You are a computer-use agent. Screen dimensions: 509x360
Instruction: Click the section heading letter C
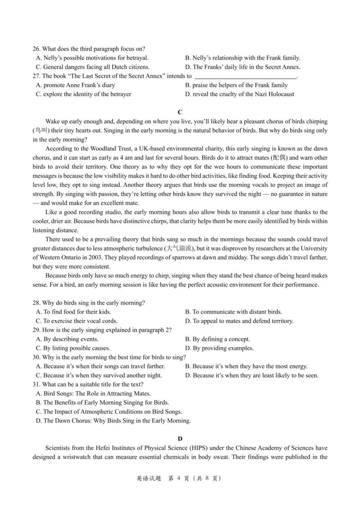tap(180, 112)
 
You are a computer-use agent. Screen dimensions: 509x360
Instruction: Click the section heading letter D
tap(180, 438)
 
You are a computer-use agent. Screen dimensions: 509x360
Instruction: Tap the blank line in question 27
tap(245, 76)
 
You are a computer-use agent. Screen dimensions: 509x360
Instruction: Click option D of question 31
tap(113, 421)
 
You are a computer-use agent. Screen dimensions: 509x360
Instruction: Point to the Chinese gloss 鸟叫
tap(41, 130)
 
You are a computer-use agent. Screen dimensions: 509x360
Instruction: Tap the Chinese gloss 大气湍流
tap(178, 248)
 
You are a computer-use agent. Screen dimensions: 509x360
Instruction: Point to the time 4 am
tap(139, 158)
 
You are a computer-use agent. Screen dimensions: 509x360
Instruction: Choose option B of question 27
tap(236, 85)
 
